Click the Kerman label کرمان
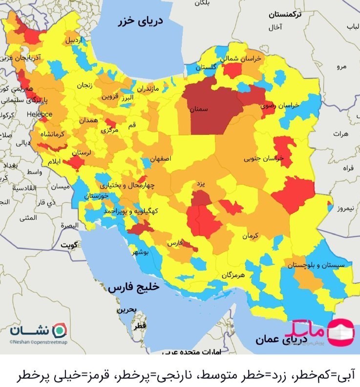tap(249, 236)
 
